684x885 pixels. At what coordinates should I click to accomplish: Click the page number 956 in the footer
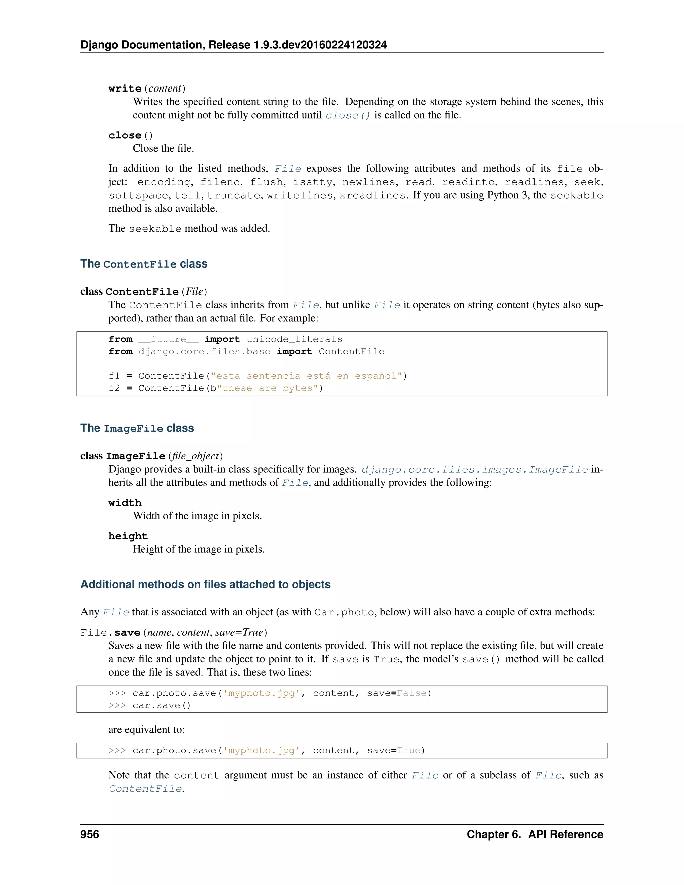pos(90,834)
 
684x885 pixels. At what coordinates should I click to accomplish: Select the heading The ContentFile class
pos(144,264)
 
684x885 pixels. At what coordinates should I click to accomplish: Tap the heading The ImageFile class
pos(137,428)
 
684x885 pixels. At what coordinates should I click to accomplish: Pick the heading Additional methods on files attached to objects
pos(205,584)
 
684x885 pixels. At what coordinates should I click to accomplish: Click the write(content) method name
pos(125,88)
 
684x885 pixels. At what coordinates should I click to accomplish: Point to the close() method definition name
pos(125,135)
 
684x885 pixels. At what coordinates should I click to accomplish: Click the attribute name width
pos(125,503)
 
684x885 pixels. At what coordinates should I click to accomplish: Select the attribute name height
pos(128,536)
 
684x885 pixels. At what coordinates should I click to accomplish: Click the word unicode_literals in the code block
pos(294,339)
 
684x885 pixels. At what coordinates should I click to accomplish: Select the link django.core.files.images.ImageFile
pos(475,469)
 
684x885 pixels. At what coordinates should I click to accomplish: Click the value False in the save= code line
pos(412,693)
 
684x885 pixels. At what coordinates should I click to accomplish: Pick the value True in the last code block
pos(409,750)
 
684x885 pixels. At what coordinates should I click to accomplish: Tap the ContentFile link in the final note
pos(145,789)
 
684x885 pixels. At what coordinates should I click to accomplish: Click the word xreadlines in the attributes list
pos(372,195)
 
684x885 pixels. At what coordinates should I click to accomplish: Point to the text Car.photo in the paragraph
pos(344,612)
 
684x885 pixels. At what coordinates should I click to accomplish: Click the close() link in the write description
pos(348,115)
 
